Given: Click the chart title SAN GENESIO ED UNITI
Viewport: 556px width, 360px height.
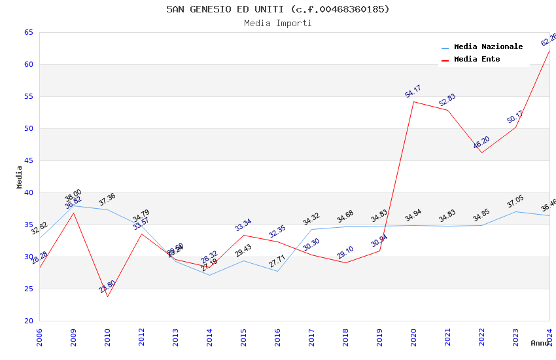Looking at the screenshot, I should pos(277,9).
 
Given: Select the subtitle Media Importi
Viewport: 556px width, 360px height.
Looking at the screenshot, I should pos(277,24).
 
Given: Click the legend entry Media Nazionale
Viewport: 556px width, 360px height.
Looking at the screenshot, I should pos(488,47).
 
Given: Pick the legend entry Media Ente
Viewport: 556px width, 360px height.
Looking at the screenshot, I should pos(477,60).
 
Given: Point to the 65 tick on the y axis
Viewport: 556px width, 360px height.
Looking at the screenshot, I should pos(28,32).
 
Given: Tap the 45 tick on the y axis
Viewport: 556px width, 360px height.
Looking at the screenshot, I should pos(28,160).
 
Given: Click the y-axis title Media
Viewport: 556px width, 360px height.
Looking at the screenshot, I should pos(20,177).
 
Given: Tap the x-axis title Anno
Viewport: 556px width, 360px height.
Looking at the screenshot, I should pos(540,343).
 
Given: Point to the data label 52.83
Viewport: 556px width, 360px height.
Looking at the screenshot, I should pos(447,100).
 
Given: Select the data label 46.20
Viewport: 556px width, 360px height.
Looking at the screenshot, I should pos(481,143).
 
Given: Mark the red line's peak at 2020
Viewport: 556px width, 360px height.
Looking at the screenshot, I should pos(413,101).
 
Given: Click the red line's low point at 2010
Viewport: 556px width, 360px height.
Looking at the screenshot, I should pos(107,297).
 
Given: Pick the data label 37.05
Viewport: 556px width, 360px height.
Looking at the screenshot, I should pos(515,202).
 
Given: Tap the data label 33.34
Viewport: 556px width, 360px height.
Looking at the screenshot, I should pos(243,225).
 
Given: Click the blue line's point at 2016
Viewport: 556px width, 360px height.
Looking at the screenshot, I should pos(277,271).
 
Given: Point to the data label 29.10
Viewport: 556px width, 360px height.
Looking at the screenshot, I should pos(345,253).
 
